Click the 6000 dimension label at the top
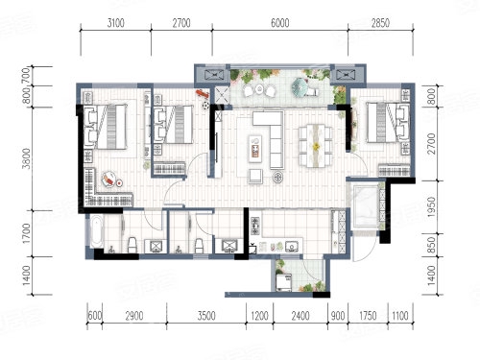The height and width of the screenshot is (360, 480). pyautogui.click(x=280, y=23)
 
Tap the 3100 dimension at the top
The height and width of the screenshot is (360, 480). pyautogui.click(x=116, y=23)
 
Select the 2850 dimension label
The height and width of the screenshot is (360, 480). pyautogui.click(x=380, y=23)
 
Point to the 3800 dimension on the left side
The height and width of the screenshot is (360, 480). pyautogui.click(x=27, y=158)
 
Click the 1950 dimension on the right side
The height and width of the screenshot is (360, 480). pyautogui.click(x=431, y=207)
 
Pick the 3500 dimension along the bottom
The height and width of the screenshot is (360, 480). pyautogui.click(x=206, y=316)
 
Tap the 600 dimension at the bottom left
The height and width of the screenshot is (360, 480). pyautogui.click(x=95, y=316)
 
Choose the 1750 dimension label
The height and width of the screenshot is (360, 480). pyautogui.click(x=368, y=316)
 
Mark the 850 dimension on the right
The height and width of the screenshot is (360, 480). pyautogui.click(x=431, y=245)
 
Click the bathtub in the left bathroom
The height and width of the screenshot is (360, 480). pyautogui.click(x=96, y=231)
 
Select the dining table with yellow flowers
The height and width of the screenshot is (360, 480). pyautogui.click(x=316, y=146)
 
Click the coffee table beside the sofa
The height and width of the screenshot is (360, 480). pyautogui.click(x=255, y=147)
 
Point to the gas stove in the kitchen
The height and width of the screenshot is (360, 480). pyautogui.click(x=255, y=226)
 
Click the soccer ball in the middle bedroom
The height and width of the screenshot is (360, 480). pyautogui.click(x=205, y=105)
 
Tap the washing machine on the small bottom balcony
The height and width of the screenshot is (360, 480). pyautogui.click(x=284, y=282)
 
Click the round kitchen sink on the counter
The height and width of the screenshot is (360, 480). pyautogui.click(x=292, y=247)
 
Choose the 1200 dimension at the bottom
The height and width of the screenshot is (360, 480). pyautogui.click(x=259, y=316)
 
